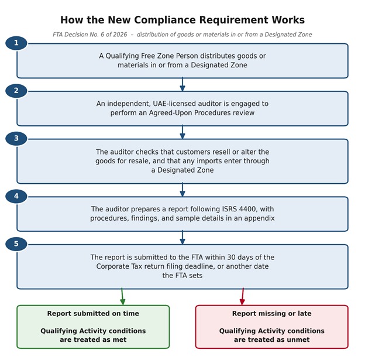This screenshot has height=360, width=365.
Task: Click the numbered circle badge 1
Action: [16, 43]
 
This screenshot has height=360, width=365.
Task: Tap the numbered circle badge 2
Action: [16, 91]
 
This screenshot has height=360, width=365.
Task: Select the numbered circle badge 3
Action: [16, 138]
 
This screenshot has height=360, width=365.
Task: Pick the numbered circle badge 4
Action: [16, 196]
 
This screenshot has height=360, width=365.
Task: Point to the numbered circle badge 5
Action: [16, 244]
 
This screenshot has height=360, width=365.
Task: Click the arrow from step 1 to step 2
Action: [182, 84]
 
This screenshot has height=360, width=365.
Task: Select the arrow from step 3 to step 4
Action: [182, 190]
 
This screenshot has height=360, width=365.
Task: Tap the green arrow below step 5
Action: [122, 296]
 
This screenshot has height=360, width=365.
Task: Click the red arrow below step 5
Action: [243, 296]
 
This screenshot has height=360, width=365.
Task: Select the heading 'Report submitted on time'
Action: [93, 313]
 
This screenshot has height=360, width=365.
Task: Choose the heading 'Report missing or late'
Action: [271, 313]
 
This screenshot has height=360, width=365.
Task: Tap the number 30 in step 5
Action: [232, 257]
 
